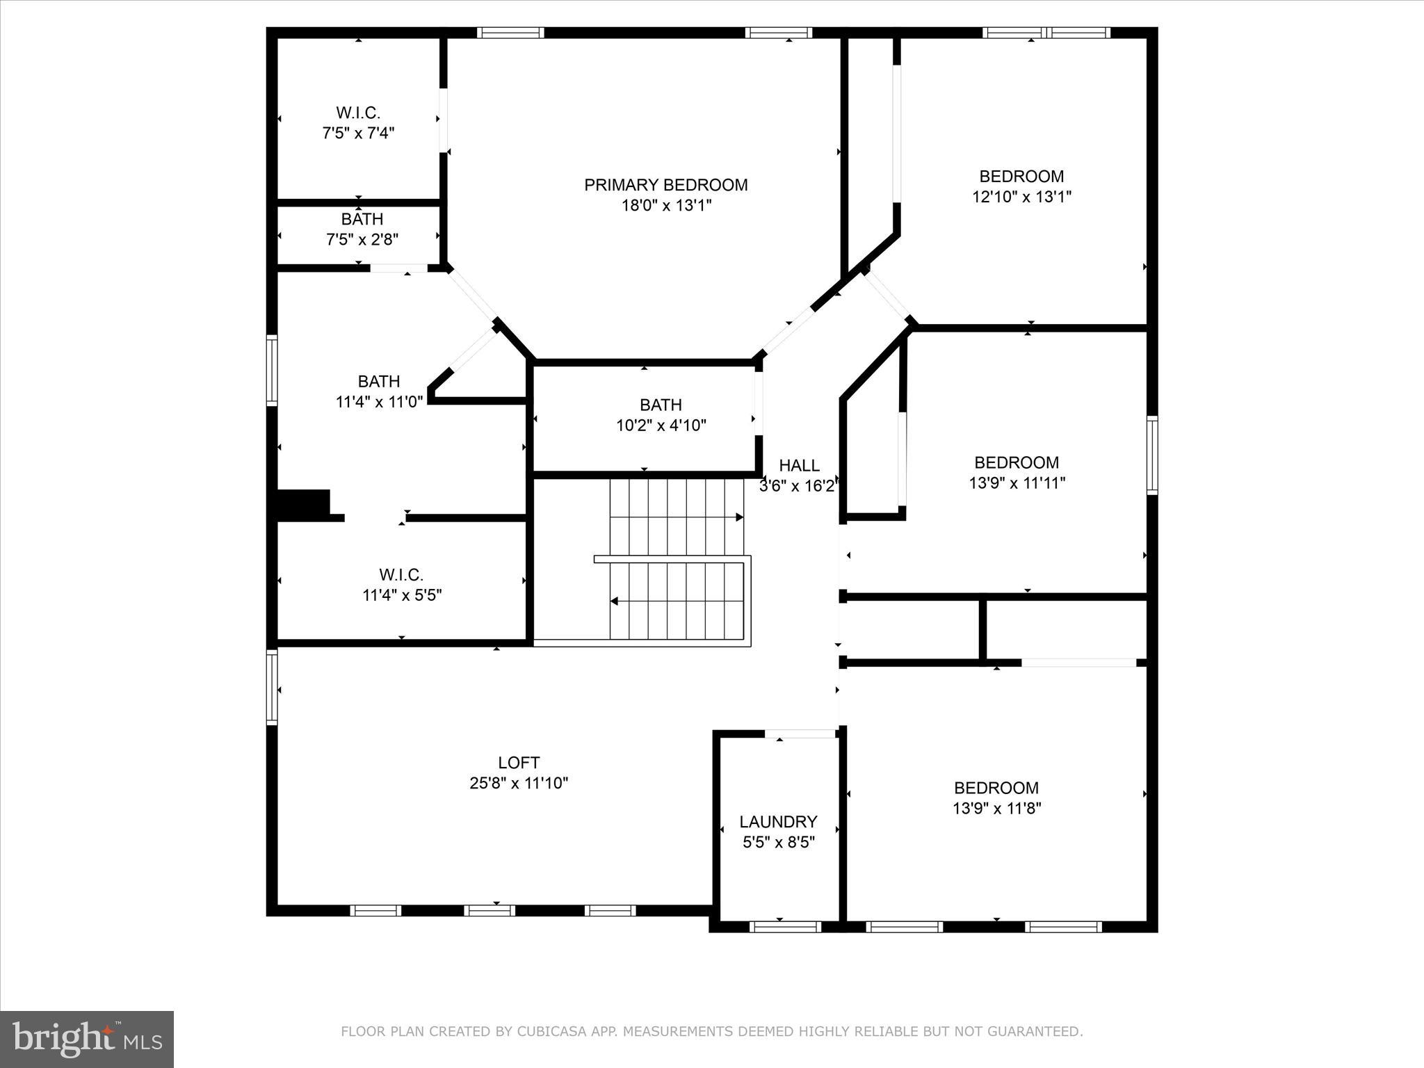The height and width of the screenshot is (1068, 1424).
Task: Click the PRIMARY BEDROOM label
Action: point(665,185)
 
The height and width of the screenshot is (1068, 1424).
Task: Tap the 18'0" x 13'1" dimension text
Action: point(666,206)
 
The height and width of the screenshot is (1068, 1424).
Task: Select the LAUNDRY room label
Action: point(778,822)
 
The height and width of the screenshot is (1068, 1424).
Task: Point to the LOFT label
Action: point(519,763)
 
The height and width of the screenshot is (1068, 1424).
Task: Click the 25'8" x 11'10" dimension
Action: point(519,783)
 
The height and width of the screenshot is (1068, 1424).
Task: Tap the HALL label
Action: point(799,465)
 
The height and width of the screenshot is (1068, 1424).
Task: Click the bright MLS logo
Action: point(87,1039)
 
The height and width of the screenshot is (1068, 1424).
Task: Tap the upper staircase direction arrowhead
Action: point(740,517)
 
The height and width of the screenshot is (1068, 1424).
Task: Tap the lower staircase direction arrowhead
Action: point(615,601)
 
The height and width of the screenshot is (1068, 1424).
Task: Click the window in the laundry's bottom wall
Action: point(785,926)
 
